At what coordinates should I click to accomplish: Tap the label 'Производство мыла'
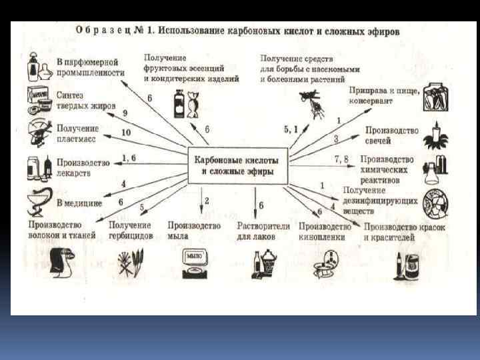(x=194, y=231)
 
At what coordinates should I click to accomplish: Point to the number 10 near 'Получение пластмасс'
(x=126, y=133)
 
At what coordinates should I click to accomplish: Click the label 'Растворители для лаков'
(x=263, y=231)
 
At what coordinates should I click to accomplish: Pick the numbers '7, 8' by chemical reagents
(x=341, y=158)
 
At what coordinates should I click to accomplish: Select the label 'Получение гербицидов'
(x=131, y=231)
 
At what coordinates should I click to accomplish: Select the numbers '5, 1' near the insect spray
(x=291, y=129)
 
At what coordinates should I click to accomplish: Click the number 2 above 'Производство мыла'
(x=207, y=200)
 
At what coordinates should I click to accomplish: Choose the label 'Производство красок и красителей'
(x=404, y=231)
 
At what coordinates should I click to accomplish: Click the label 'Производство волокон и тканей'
(x=61, y=230)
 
